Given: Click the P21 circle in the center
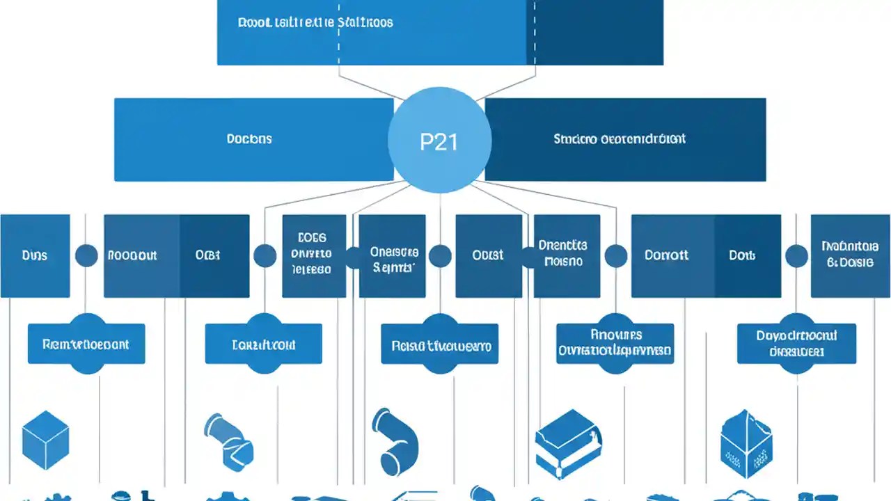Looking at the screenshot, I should pos(439,140).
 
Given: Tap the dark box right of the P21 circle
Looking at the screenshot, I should pos(625,139).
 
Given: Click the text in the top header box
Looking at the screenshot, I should pos(315,22).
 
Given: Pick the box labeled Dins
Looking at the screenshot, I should pos(35,255).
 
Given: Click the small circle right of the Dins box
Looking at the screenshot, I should pos(86,255).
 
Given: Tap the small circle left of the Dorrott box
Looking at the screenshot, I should pos(615,255).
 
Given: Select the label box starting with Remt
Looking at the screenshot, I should pos(86,344).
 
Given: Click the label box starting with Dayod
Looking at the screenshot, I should pos(796,344).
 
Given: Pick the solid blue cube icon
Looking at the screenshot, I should pos(45,439).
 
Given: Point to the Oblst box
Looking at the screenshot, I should pos(489,255).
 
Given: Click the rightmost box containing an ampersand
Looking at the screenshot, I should pos(850,255).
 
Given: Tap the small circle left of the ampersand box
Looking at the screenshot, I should pos(796,255).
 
